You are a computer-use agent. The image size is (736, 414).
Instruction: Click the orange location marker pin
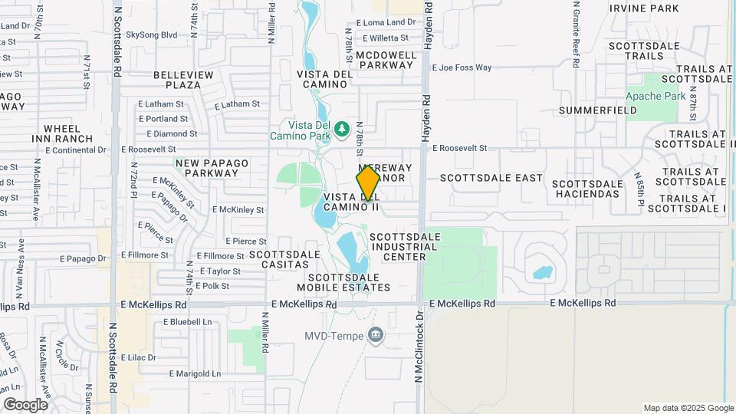[x=368, y=182]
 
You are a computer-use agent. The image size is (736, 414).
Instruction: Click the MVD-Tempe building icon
[x=376, y=334]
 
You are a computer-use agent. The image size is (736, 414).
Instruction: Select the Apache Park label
[x=655, y=96]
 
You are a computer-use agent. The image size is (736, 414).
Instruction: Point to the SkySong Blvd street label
[x=152, y=34]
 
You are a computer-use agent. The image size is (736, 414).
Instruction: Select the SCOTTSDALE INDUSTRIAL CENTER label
[x=404, y=247]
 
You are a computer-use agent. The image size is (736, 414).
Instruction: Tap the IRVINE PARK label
[x=644, y=8]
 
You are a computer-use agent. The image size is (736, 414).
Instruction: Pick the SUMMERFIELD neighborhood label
[x=598, y=110]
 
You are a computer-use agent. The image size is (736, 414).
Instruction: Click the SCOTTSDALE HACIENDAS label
[x=587, y=189]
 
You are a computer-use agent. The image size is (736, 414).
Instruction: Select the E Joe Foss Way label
[x=462, y=67]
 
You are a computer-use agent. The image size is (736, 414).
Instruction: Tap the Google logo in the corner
[x=25, y=404]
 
